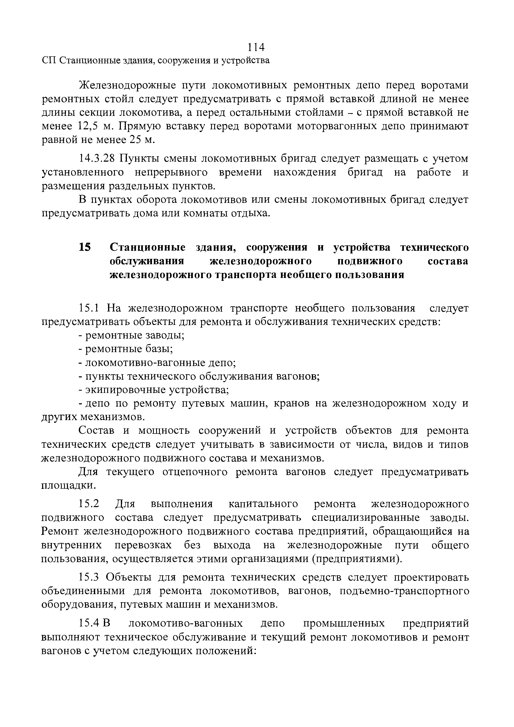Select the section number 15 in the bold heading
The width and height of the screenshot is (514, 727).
(85, 248)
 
